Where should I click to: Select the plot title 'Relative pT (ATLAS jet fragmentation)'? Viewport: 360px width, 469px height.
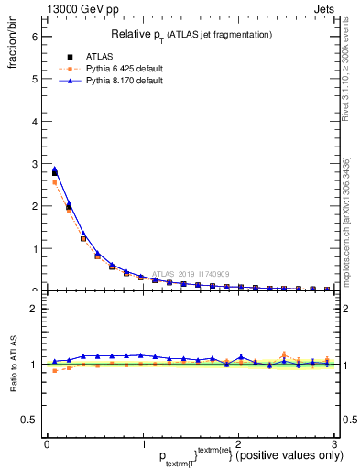pos(191,35)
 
